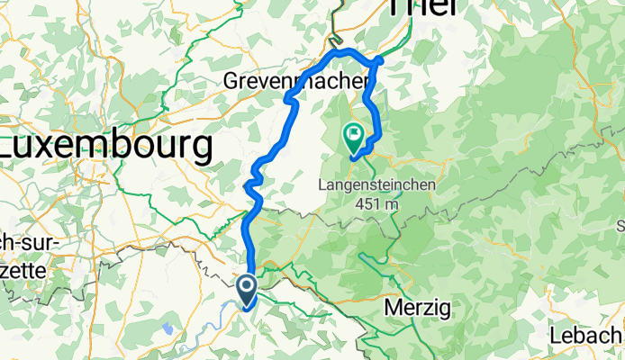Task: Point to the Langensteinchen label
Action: coord(377,185)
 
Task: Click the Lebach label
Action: coord(586,337)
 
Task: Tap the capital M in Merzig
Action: coord(392,308)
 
